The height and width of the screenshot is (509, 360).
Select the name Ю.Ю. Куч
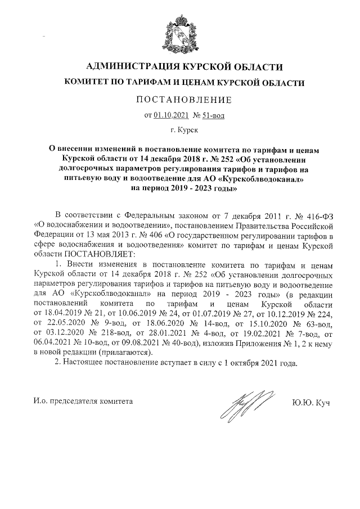click(311, 402)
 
